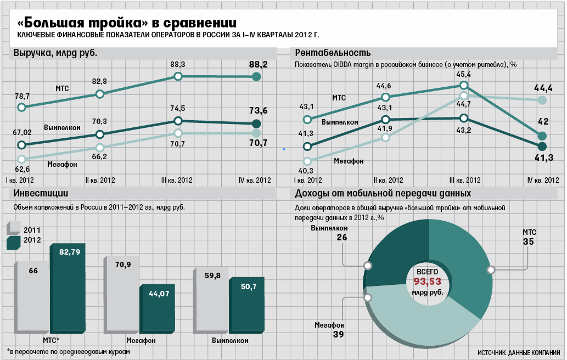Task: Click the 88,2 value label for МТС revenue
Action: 258,65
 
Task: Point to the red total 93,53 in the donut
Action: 427,282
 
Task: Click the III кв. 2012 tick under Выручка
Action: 176,179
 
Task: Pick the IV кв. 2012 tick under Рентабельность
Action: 542,180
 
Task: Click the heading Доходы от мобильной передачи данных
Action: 383,194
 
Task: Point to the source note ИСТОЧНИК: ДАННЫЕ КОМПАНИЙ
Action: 519,352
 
